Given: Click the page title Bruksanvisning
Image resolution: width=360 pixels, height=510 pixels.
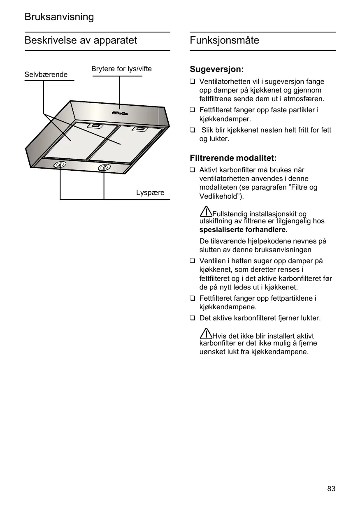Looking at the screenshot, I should [x=59, y=17].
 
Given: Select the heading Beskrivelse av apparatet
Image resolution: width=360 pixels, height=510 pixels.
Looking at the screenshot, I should [x=81, y=40].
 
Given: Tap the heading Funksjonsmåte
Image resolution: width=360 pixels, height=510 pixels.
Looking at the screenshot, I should [x=225, y=40].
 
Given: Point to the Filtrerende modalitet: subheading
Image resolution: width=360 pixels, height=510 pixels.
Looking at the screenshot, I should [x=233, y=158].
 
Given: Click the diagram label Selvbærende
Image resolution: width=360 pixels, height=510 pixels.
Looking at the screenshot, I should [x=46, y=75].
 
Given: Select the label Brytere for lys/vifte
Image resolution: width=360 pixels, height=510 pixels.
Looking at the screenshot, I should [x=121, y=69].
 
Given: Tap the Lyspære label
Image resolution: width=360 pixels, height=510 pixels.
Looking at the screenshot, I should [x=150, y=192].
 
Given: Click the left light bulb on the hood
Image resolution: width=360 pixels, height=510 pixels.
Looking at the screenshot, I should [x=60, y=165].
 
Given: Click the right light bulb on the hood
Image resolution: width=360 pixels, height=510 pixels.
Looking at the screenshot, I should [x=104, y=167].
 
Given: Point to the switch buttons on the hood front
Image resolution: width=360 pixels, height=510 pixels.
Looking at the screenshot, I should [x=119, y=113].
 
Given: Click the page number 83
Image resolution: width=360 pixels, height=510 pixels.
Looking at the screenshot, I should [x=331, y=489].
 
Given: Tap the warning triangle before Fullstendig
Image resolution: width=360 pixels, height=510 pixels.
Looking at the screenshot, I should [x=206, y=212].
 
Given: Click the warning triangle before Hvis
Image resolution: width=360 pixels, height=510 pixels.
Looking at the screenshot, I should [x=206, y=334].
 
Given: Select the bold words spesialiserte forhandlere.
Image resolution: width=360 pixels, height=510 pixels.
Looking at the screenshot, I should [x=243, y=229].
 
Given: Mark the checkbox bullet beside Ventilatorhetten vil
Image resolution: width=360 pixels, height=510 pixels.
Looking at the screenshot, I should [x=192, y=82].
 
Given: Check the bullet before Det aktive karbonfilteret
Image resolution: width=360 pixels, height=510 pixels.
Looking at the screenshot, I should [x=192, y=318].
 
